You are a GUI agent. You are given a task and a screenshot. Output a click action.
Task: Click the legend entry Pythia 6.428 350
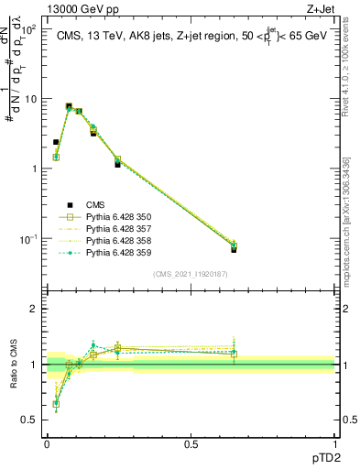[x=118, y=217]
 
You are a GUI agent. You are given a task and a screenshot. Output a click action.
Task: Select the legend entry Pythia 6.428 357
[x=118, y=229]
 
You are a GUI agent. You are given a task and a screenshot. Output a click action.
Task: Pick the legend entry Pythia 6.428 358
[x=118, y=241]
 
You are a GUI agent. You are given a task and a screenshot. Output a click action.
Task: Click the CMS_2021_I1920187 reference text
[x=191, y=274]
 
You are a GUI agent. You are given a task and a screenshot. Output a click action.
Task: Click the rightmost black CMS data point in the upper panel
[x=234, y=248]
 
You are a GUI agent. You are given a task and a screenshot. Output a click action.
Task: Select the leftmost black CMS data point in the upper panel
[x=56, y=142]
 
